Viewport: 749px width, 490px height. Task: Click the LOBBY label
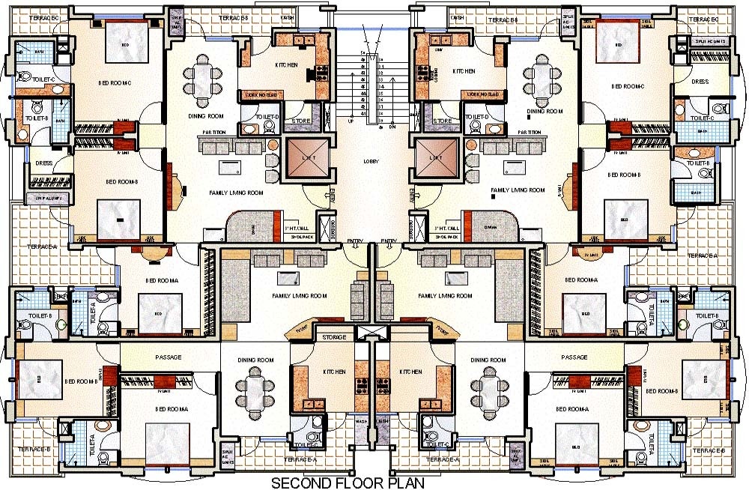tap(371, 162)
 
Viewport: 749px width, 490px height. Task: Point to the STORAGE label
tap(334, 338)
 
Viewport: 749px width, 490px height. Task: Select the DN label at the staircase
tap(393, 126)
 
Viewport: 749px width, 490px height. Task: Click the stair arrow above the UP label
tap(363, 30)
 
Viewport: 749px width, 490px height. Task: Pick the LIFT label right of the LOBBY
tap(435, 158)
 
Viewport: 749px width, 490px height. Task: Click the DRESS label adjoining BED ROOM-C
tap(700, 82)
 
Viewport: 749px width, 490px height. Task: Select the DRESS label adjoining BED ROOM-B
tap(43, 163)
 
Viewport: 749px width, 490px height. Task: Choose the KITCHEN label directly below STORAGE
tap(334, 372)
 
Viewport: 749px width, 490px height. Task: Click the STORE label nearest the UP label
tap(301, 120)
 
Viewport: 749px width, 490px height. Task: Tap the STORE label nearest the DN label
tap(443, 120)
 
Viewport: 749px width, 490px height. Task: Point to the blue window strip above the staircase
tap(372, 12)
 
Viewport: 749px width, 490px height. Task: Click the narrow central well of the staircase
tap(372, 82)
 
